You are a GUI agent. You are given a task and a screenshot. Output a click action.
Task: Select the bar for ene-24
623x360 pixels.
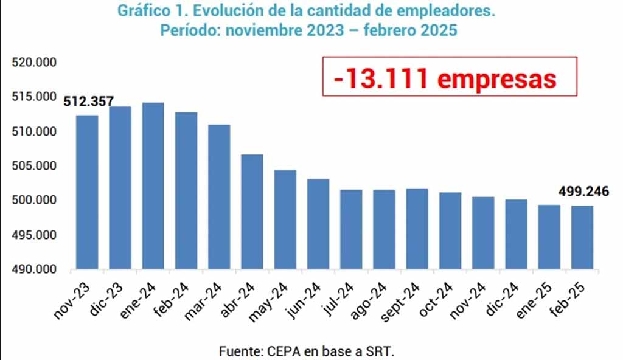(153, 185)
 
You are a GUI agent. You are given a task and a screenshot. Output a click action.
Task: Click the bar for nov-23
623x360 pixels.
(87, 192)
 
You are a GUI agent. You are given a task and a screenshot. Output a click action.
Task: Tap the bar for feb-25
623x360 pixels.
(582, 237)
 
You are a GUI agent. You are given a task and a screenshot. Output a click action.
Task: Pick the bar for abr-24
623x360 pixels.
(252, 212)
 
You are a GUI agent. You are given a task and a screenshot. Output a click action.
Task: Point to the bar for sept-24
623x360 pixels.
(417, 229)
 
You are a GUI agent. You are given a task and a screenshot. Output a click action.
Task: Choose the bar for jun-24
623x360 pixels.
(318, 224)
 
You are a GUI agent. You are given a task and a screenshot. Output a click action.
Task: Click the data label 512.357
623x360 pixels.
(89, 102)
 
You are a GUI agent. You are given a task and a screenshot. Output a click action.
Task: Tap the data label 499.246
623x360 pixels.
(583, 192)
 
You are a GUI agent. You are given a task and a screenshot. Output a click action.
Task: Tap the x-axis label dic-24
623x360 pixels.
(502, 296)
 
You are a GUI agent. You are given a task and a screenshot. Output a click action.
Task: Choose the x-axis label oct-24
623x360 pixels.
(436, 297)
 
